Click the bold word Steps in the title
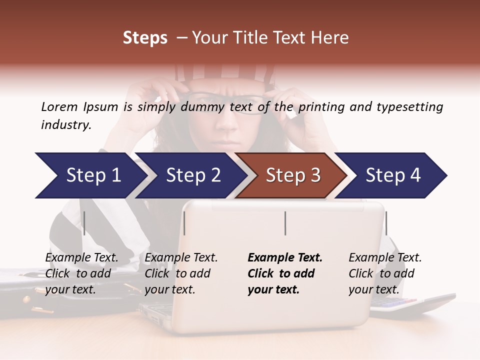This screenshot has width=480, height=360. coord(145,37)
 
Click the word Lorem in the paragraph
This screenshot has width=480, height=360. coord(59,106)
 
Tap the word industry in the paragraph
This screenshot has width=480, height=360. coord(65,125)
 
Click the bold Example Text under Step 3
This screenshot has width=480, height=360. coord(285,258)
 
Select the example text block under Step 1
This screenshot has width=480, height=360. coord(81,273)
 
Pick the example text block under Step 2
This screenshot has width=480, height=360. coord(181,273)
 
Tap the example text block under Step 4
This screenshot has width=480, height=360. coord(385,273)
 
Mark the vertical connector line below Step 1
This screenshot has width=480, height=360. coord(84,223)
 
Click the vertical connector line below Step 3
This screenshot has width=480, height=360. coord(285,223)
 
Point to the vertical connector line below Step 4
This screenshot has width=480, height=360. coord(386,223)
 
